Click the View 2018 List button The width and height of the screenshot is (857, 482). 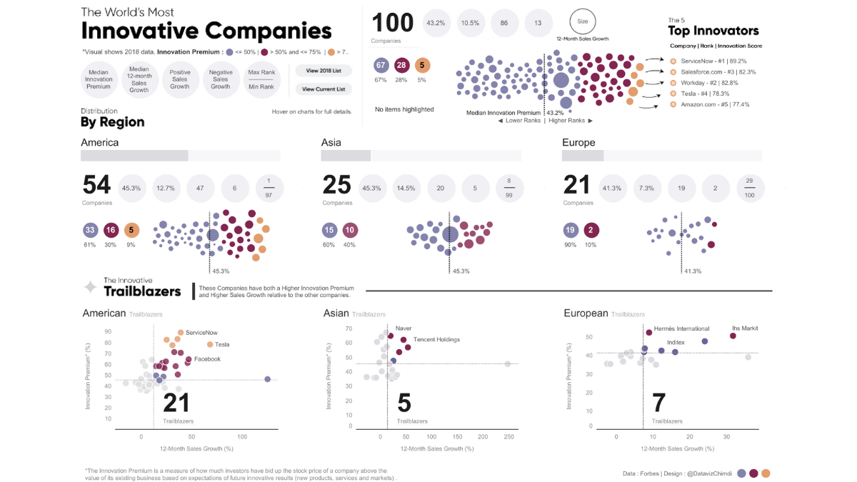[323, 71]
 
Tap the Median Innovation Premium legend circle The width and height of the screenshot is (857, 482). [99, 79]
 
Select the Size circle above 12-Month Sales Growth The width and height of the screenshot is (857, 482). [582, 21]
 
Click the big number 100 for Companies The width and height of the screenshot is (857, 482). [392, 23]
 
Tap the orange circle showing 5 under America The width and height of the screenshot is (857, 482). [131, 230]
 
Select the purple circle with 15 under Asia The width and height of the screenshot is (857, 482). [330, 230]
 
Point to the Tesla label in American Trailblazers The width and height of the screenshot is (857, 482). [222, 345]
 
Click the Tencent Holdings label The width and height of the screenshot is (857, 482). [436, 340]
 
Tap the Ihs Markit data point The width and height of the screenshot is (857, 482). [733, 336]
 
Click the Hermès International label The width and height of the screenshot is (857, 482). [681, 329]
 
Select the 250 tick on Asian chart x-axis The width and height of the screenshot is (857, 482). [508, 436]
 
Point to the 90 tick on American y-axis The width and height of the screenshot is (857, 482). [108, 332]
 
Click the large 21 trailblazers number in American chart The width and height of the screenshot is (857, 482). [176, 403]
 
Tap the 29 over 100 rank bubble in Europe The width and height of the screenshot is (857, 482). [748, 189]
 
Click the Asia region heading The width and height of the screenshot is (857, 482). [331, 143]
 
